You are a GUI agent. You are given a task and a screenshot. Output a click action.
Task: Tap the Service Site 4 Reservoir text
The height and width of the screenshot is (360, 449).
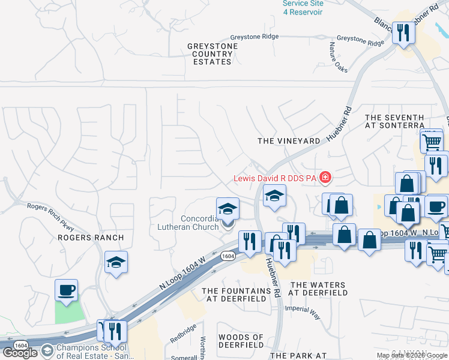(x=303, y=8)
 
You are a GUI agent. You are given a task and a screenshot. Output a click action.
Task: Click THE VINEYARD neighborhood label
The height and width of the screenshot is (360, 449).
(x=289, y=141)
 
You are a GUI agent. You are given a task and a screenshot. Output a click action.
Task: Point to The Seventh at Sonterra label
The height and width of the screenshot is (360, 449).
(x=394, y=122)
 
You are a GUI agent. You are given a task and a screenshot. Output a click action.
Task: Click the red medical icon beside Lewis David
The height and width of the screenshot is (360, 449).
(x=325, y=177)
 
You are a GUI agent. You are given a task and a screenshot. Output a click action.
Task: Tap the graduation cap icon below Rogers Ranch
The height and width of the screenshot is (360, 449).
(x=116, y=262)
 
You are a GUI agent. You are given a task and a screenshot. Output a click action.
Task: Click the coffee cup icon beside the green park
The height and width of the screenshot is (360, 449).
(x=66, y=290)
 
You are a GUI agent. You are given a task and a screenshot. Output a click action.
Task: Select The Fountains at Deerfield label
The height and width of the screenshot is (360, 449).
(x=237, y=295)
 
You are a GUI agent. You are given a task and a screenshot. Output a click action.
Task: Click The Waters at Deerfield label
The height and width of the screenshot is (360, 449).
(x=318, y=289)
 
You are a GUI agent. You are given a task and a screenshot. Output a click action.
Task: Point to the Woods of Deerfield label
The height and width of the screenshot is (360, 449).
(x=241, y=341)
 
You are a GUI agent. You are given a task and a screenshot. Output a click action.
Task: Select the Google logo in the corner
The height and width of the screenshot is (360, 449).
(x=20, y=353)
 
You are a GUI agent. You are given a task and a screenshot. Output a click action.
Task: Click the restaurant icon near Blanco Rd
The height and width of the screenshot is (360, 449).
(x=403, y=32)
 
